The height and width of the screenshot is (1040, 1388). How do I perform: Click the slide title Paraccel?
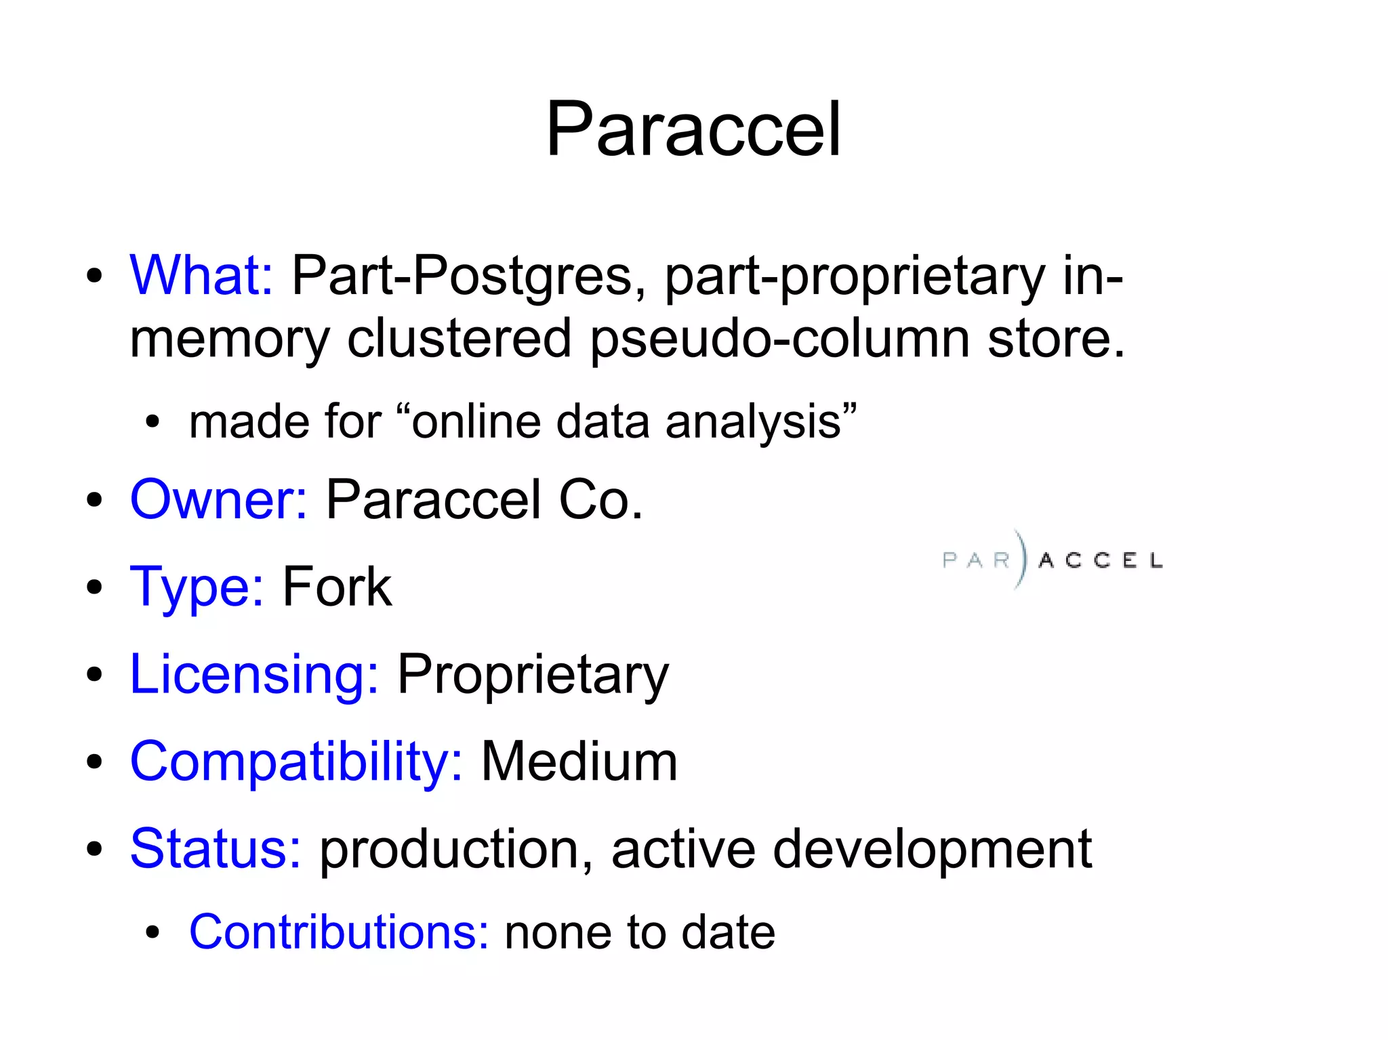[x=693, y=129]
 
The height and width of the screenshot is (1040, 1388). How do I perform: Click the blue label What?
[x=201, y=275]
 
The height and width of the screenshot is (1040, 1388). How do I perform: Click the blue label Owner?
[x=218, y=499]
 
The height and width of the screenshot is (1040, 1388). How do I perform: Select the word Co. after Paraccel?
[x=600, y=499]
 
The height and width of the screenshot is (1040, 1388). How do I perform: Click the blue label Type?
[x=197, y=587]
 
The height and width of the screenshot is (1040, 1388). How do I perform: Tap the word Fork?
[x=337, y=587]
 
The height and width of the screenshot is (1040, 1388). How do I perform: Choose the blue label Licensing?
[x=254, y=674]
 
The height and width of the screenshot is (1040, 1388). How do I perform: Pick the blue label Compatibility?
[x=296, y=762]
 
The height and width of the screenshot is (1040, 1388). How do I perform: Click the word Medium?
[x=579, y=762]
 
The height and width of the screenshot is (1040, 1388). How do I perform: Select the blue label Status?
[x=215, y=848]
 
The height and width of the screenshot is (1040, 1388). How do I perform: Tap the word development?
[x=932, y=850]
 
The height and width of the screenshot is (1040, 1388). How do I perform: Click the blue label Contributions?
[x=338, y=932]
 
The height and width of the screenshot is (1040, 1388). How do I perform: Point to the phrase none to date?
[x=640, y=932]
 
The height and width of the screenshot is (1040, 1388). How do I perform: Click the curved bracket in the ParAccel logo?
[x=1021, y=559]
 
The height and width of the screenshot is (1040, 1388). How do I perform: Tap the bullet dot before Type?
[x=94, y=587]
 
